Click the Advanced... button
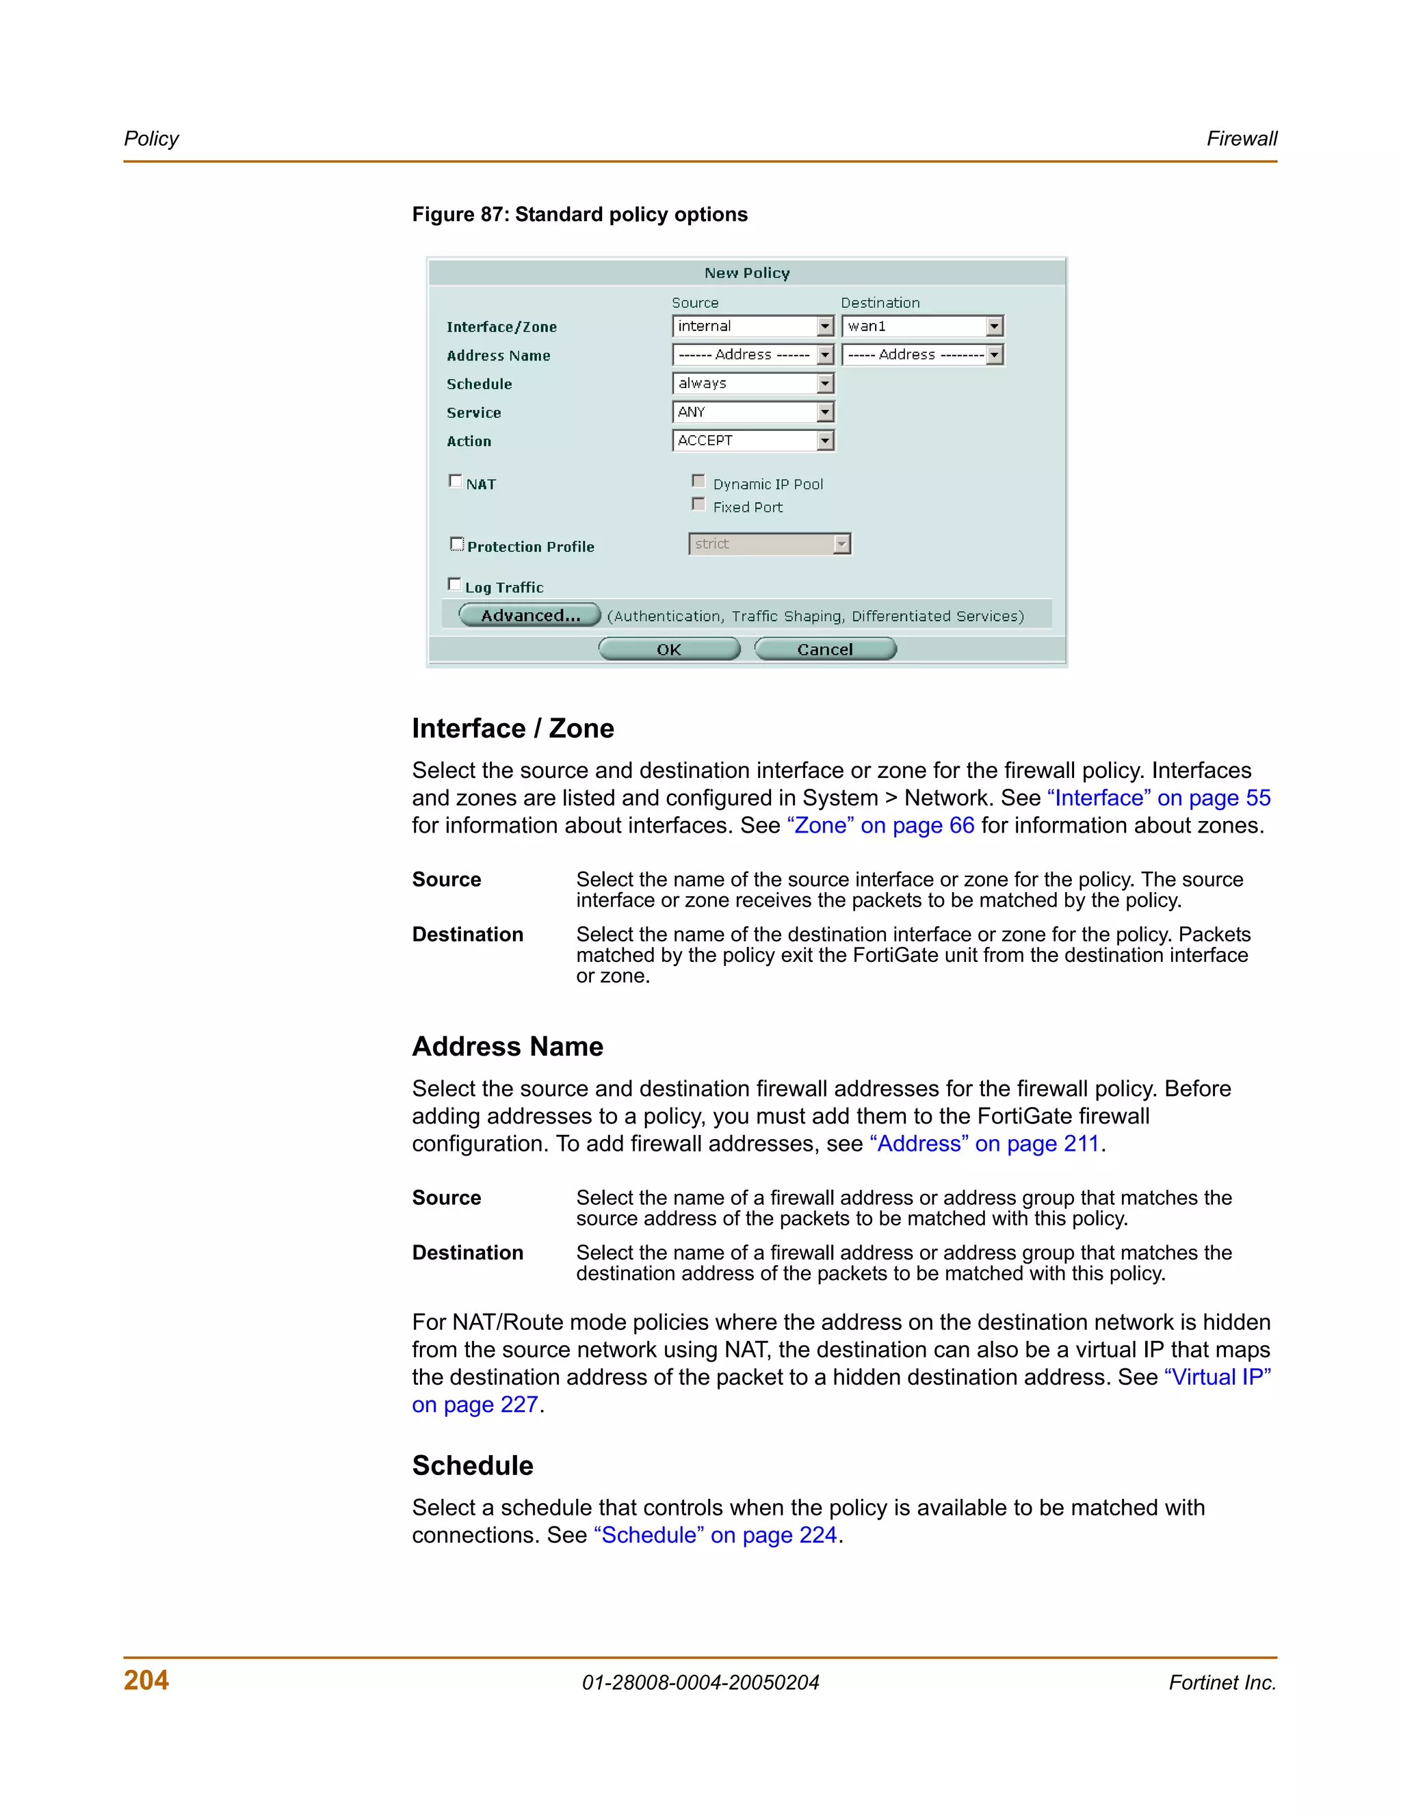(529, 615)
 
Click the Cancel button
(825, 649)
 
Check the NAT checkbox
(455, 481)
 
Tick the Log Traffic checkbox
(454, 584)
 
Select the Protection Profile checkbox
(456, 544)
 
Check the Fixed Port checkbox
(698, 505)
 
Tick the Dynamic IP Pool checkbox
(698, 482)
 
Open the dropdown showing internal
(752, 326)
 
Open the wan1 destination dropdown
(922, 326)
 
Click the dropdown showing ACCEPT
(752, 441)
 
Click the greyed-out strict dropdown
(770, 544)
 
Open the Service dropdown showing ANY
(752, 412)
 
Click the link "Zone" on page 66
(880, 825)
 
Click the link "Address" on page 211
(984, 1144)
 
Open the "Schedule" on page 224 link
(715, 1535)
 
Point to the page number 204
(146, 1680)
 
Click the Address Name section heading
(507, 1046)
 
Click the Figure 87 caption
(579, 214)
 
